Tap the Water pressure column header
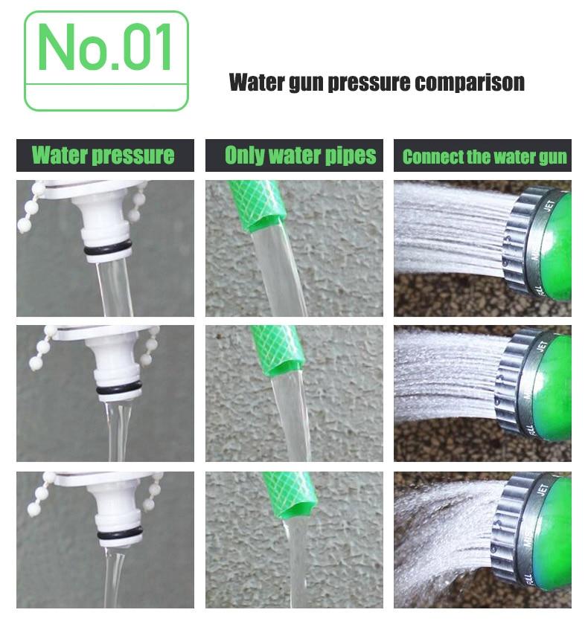(103, 155)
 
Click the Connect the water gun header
(484, 156)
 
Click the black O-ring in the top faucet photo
(108, 248)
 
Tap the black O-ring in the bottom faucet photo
(119, 533)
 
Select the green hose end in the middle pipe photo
(277, 349)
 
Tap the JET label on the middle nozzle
(542, 347)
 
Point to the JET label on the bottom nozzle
(543, 489)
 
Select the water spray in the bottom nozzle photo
(447, 539)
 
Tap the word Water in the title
(255, 83)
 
